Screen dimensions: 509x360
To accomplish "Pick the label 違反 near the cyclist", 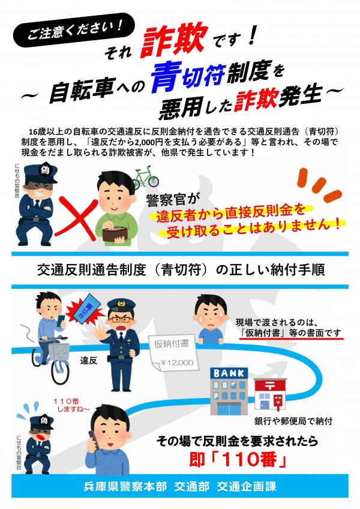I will pyautogui.click(x=89, y=360).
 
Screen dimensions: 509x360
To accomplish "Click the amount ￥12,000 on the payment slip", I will pyautogui.click(x=177, y=363).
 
